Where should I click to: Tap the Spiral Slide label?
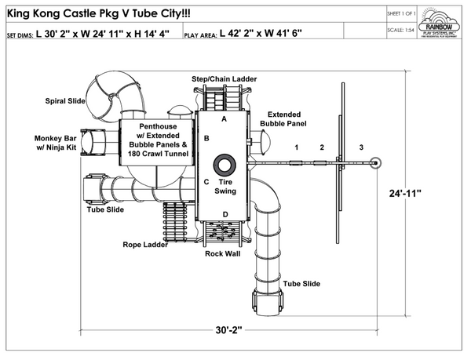click(x=66, y=100)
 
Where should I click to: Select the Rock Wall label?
click(x=222, y=253)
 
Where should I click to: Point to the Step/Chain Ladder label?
click(x=222, y=79)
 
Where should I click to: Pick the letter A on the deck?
click(x=224, y=119)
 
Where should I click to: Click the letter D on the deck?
click(x=225, y=214)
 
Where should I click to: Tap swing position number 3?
click(x=361, y=147)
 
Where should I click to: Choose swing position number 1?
click(x=297, y=147)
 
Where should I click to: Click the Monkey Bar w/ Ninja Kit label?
click(x=56, y=142)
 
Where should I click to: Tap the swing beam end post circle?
click(x=376, y=163)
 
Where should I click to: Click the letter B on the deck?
click(x=206, y=138)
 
